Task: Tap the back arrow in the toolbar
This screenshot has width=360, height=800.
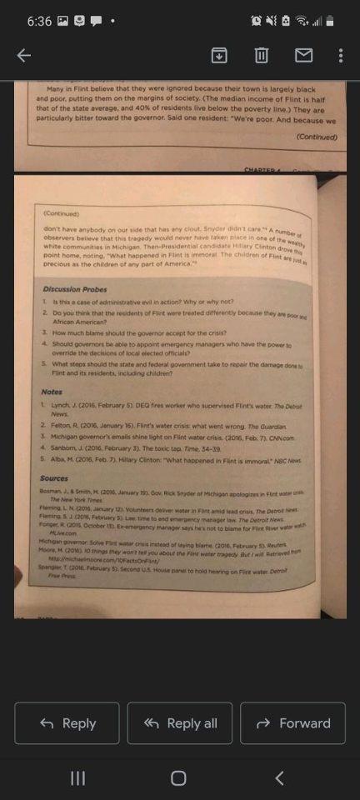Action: coord(24,56)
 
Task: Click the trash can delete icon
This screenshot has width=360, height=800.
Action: coord(261,56)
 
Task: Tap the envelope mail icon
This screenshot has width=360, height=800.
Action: coord(303,56)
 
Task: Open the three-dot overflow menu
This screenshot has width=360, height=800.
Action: coord(341,56)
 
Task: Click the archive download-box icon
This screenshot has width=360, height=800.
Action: coord(218,56)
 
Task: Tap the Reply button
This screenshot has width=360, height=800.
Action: coord(67,723)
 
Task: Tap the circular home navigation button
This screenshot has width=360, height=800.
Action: coord(178,777)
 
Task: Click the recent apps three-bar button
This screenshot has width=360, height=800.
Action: coord(77,777)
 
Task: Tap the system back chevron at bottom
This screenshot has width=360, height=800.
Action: coord(279,777)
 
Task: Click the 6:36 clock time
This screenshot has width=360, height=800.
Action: coord(39,20)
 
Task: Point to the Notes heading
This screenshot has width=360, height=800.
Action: coord(52,392)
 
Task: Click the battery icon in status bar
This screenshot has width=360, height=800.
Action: coord(330,20)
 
